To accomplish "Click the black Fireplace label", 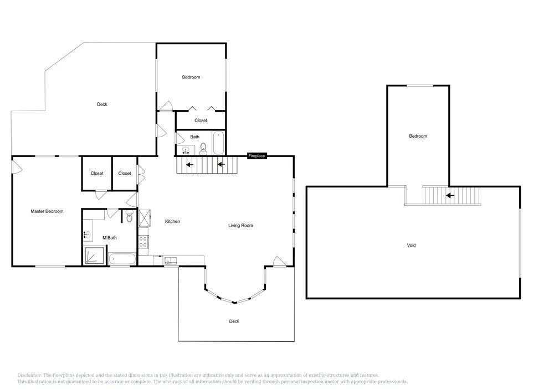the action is pyautogui.click(x=257, y=156).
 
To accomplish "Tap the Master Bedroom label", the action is pyautogui.click(x=47, y=212).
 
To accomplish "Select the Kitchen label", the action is pyautogui.click(x=172, y=221).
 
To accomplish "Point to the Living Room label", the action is pyautogui.click(x=240, y=226).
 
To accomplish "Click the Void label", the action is pyautogui.click(x=411, y=246).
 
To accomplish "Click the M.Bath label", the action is pyautogui.click(x=110, y=238).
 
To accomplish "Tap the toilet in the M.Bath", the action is pyautogui.click(x=129, y=216).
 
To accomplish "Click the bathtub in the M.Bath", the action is pyautogui.click(x=122, y=259).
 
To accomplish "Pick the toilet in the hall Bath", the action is pyautogui.click(x=203, y=149).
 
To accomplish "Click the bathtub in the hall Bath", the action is pyautogui.click(x=218, y=143).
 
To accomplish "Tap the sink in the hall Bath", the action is pyautogui.click(x=186, y=151).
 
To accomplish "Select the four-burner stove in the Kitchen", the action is pyautogui.click(x=143, y=242).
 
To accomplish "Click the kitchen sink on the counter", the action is pyautogui.click(x=171, y=261).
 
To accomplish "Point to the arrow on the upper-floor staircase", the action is pyautogui.click(x=450, y=195).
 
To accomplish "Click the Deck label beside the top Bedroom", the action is pyautogui.click(x=102, y=105).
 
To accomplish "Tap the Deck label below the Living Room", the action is pyautogui.click(x=234, y=321).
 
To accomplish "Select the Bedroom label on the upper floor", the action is pyautogui.click(x=418, y=136).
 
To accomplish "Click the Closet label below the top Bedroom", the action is pyautogui.click(x=201, y=121).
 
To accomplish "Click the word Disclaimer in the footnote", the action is pyautogui.click(x=29, y=376).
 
